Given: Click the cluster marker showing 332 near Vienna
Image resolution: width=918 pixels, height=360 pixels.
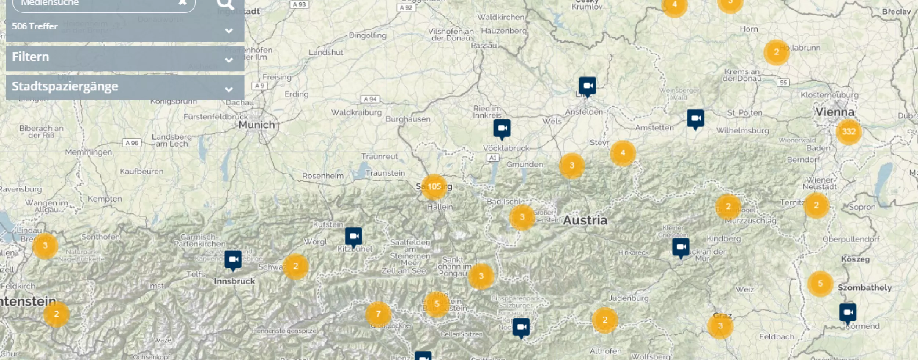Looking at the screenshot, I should [849, 132].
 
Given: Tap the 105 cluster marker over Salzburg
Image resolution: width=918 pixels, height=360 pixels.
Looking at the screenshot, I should [434, 187].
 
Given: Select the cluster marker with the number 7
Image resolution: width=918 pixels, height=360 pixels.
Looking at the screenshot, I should [378, 314].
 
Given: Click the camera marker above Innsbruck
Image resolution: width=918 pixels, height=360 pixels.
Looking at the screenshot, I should [233, 260].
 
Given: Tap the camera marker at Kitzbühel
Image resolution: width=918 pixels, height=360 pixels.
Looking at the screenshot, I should [354, 237].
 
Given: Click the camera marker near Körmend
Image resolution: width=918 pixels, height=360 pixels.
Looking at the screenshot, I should [847, 313].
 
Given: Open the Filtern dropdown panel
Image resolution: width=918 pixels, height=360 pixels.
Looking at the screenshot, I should [125, 58].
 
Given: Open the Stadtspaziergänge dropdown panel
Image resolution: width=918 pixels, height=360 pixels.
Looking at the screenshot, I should [125, 87].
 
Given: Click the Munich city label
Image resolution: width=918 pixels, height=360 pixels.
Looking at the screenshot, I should [257, 125].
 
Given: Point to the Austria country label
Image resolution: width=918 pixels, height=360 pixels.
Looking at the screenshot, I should [585, 220].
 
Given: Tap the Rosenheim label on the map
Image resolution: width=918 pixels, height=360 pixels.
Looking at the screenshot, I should [323, 176].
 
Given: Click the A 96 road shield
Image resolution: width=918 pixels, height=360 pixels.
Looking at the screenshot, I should [132, 143].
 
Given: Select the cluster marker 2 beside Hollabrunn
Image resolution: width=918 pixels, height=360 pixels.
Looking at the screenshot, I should [776, 53].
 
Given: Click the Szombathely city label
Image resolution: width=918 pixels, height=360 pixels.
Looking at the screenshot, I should [864, 288].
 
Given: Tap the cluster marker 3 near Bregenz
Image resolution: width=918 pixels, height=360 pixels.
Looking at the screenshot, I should [45, 246].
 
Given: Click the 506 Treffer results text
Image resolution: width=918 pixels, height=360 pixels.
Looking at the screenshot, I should [35, 26].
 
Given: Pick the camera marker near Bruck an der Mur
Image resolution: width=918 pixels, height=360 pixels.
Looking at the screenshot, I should [681, 247].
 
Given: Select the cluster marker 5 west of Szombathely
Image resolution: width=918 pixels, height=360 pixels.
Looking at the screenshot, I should [820, 284].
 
